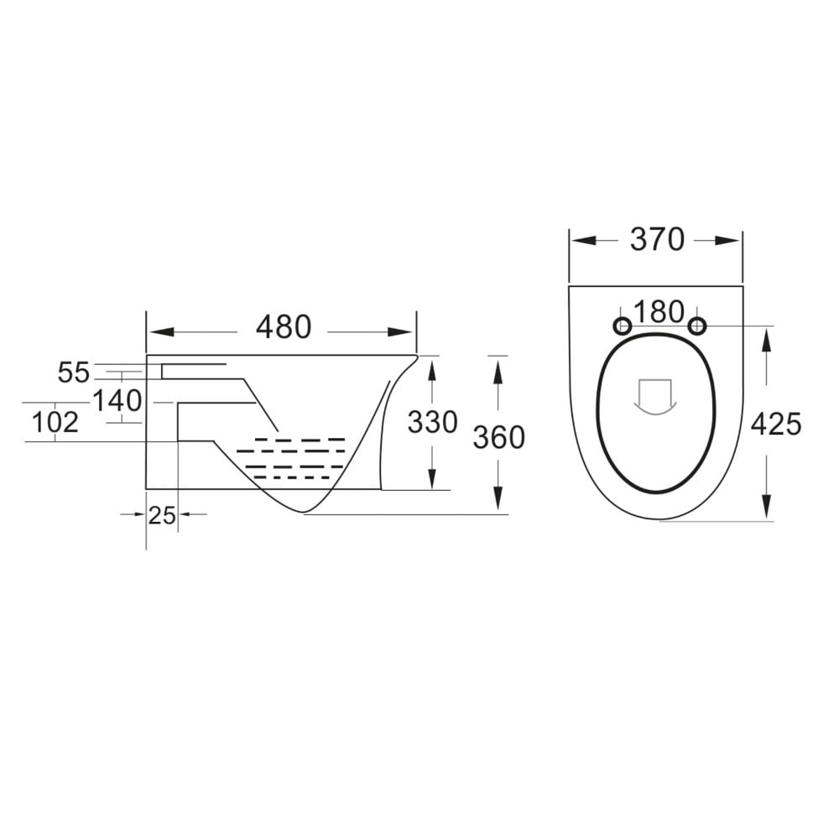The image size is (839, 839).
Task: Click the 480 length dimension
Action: [283, 327]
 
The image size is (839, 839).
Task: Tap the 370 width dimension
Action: [657, 240]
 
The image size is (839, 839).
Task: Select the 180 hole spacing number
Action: [659, 312]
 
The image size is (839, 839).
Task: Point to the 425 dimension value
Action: [775, 425]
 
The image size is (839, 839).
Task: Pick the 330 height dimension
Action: [432, 422]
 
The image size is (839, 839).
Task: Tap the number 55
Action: [74, 372]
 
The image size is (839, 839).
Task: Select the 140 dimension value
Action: [117, 401]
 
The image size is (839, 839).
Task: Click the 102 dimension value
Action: [55, 422]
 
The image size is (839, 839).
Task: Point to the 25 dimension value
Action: [162, 515]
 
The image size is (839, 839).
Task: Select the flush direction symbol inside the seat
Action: [656, 397]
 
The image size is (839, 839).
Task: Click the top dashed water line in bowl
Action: [300, 439]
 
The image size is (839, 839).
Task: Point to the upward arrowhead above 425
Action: [767, 335]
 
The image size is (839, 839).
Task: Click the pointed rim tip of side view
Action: [417, 357]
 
